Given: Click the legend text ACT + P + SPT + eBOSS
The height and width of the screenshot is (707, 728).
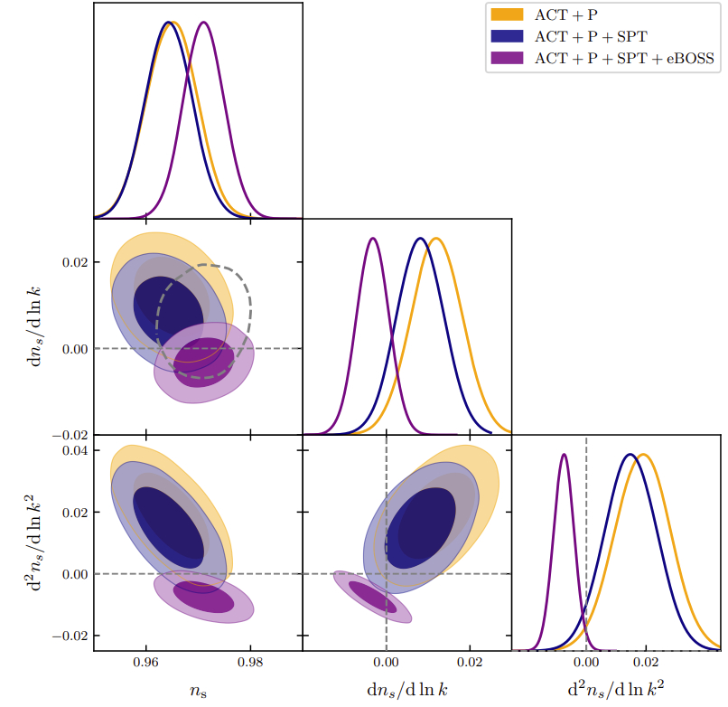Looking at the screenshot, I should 624,59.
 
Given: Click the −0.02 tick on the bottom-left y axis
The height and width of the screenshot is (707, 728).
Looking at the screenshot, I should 71,636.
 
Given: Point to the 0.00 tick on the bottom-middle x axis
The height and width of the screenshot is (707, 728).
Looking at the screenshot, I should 387,661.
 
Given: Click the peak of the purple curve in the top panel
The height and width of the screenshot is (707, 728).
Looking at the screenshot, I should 203,23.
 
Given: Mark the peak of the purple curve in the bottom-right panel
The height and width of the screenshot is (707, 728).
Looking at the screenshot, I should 565,454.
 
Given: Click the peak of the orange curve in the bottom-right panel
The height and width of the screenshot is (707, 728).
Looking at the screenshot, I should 644,454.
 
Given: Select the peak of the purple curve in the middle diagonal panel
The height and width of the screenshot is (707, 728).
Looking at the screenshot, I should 373,238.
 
